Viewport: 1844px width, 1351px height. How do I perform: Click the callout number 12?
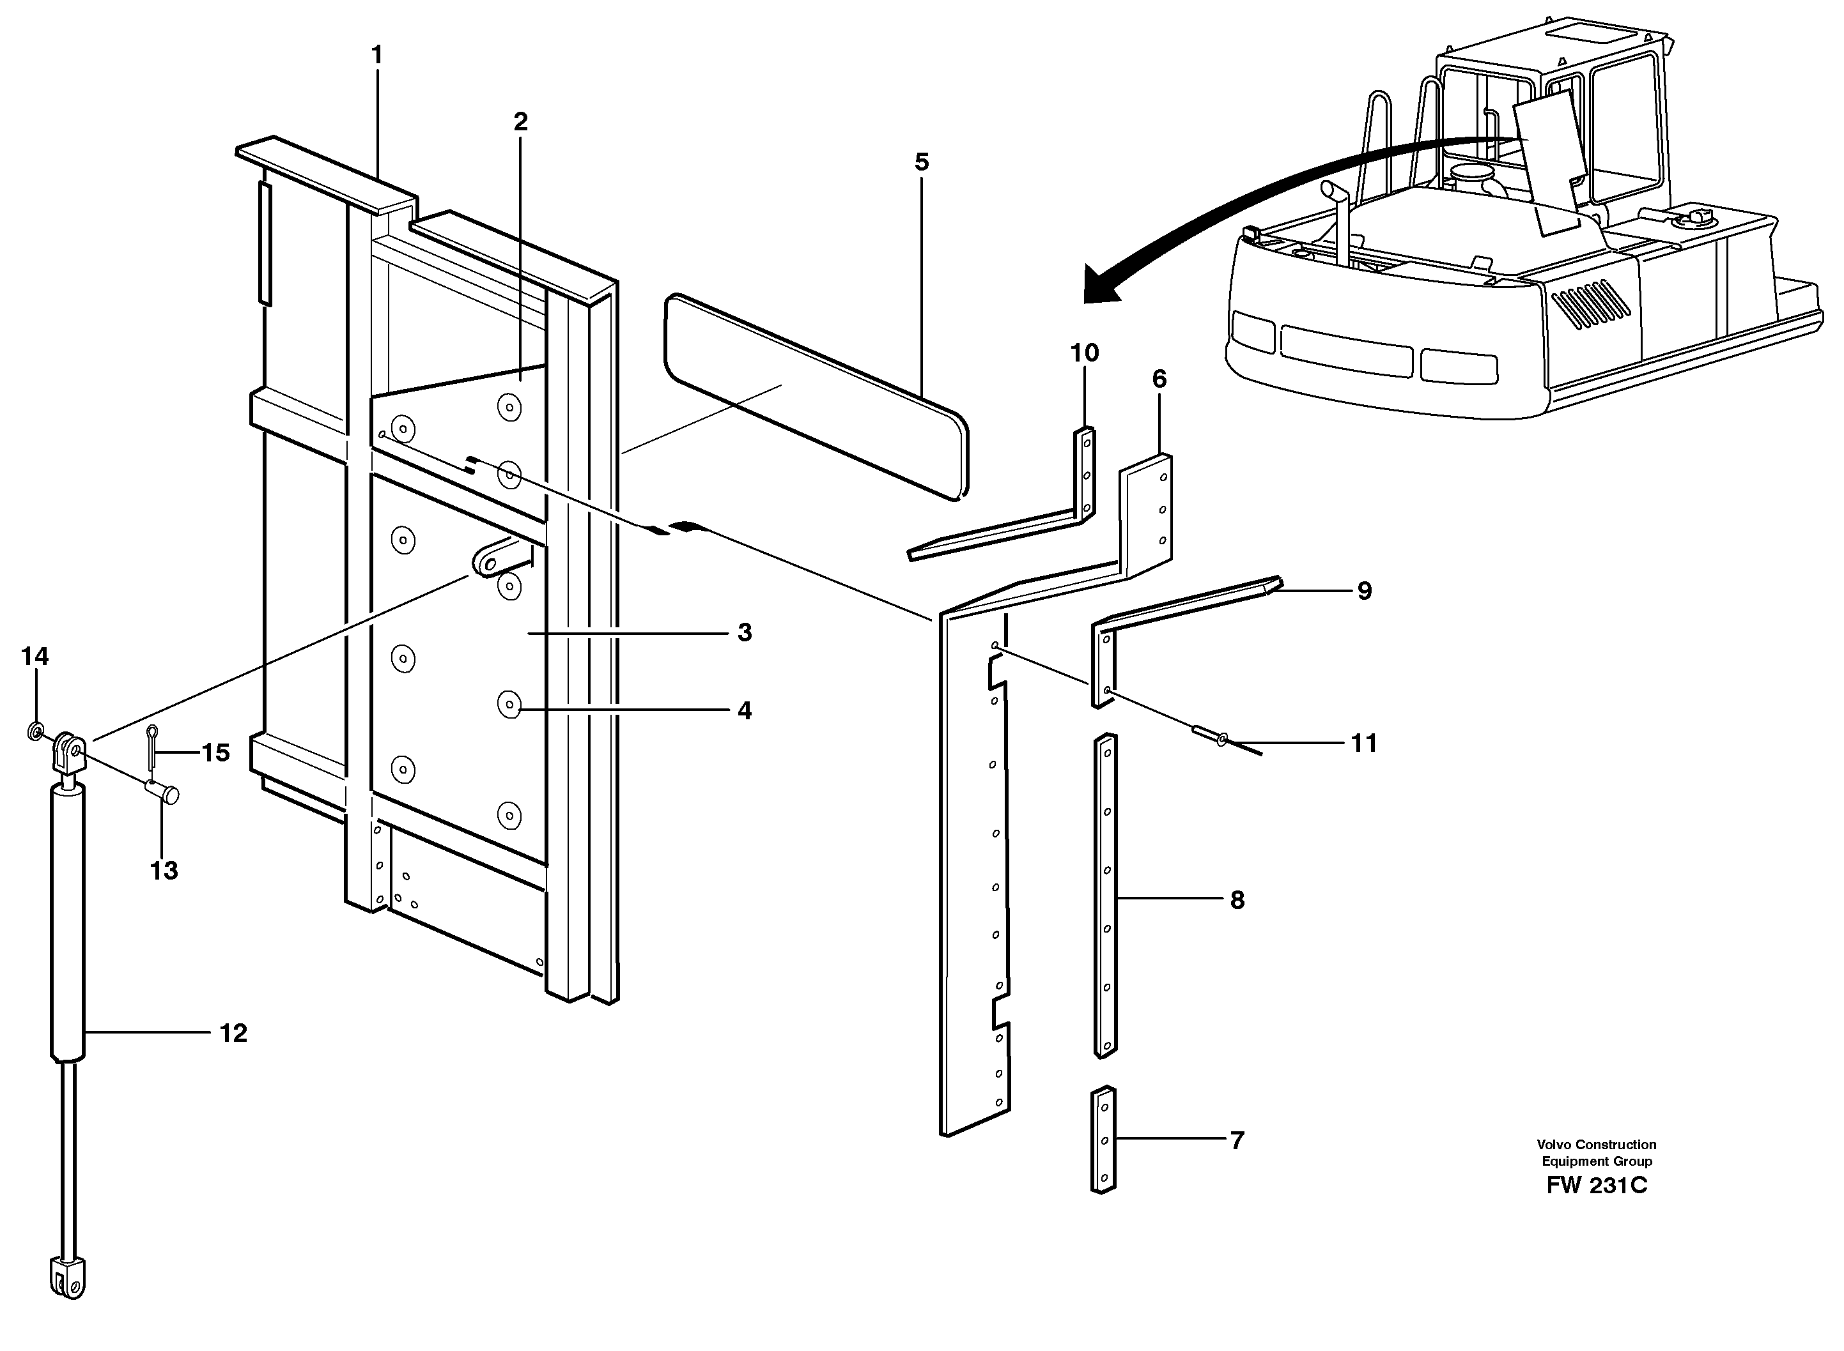tap(233, 1034)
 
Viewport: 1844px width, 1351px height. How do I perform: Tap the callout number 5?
tap(922, 162)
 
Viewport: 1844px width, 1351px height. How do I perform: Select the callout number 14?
tap(35, 656)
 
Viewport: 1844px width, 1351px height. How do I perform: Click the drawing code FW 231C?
tap(1596, 1209)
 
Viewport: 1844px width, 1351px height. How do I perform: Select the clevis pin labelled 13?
tap(163, 791)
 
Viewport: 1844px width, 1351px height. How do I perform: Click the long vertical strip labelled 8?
tap(1106, 896)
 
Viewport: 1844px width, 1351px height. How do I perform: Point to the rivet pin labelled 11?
tap(1209, 735)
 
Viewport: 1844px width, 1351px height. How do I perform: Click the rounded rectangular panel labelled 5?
tap(816, 397)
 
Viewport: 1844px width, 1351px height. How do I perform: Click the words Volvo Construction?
tap(1596, 1145)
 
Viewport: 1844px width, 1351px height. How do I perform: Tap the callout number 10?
tap(1084, 353)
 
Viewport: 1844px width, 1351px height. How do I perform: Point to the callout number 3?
tap(743, 632)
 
